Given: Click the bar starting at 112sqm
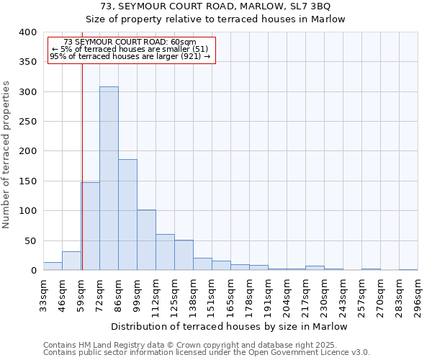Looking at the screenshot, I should click(165, 252).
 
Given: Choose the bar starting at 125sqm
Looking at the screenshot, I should click(184, 255).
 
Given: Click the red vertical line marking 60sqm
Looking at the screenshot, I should click(82, 166).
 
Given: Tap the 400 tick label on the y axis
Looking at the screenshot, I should click(27, 32).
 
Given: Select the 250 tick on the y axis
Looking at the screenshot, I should click(27, 122).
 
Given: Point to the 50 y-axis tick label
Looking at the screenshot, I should click(30, 240).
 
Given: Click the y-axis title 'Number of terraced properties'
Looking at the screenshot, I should click(6, 154).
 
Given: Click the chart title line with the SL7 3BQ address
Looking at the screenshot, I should click(216, 6).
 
